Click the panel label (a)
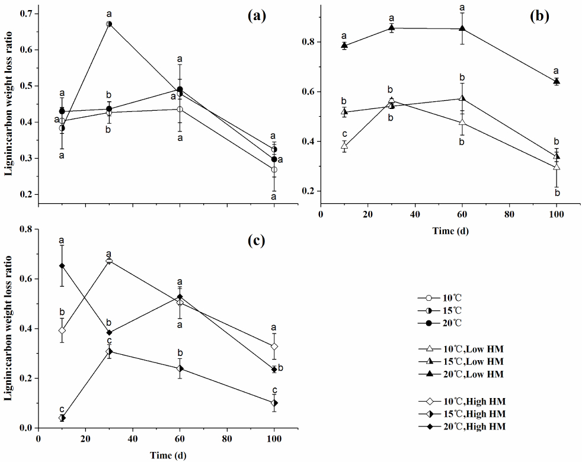click(257, 16)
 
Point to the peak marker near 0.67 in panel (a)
click(109, 24)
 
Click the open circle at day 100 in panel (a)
click(274, 169)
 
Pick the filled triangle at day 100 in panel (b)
click(557, 81)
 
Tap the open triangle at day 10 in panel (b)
click(344, 146)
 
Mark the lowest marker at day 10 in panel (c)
click(62, 418)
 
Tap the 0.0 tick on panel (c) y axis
click(27, 428)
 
